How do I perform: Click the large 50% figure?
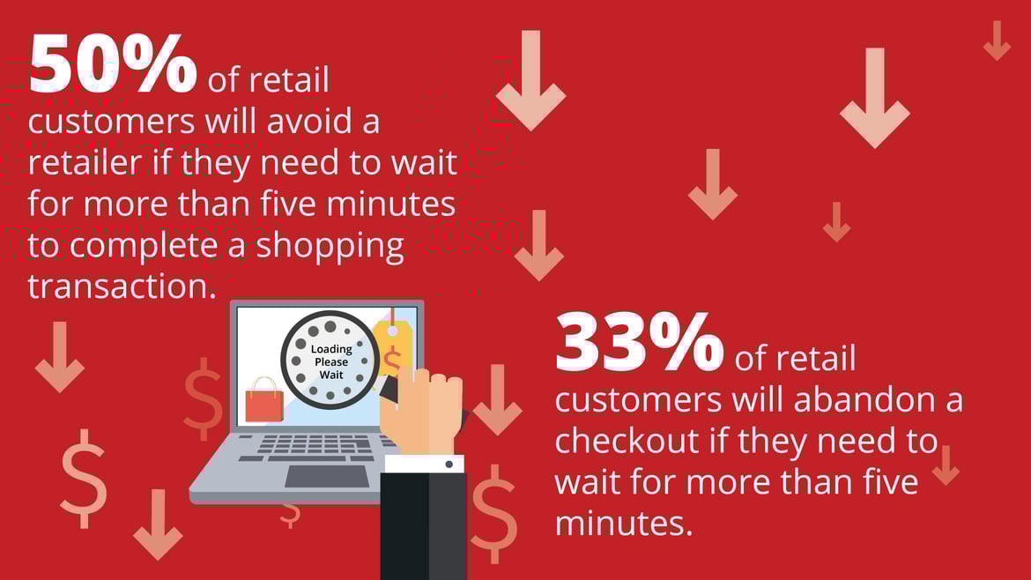point(113,63)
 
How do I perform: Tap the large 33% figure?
point(639,342)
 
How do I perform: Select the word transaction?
point(122,286)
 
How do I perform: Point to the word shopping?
point(330,247)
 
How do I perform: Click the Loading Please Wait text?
point(331,361)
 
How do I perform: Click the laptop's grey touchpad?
point(327,477)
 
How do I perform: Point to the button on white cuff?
point(449,465)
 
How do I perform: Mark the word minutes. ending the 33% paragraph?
point(624,523)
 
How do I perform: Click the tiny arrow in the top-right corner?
point(997,41)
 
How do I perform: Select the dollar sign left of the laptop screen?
point(204,399)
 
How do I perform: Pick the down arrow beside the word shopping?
point(539,245)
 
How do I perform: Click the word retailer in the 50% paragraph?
point(85,162)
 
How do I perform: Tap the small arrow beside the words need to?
point(946,465)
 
